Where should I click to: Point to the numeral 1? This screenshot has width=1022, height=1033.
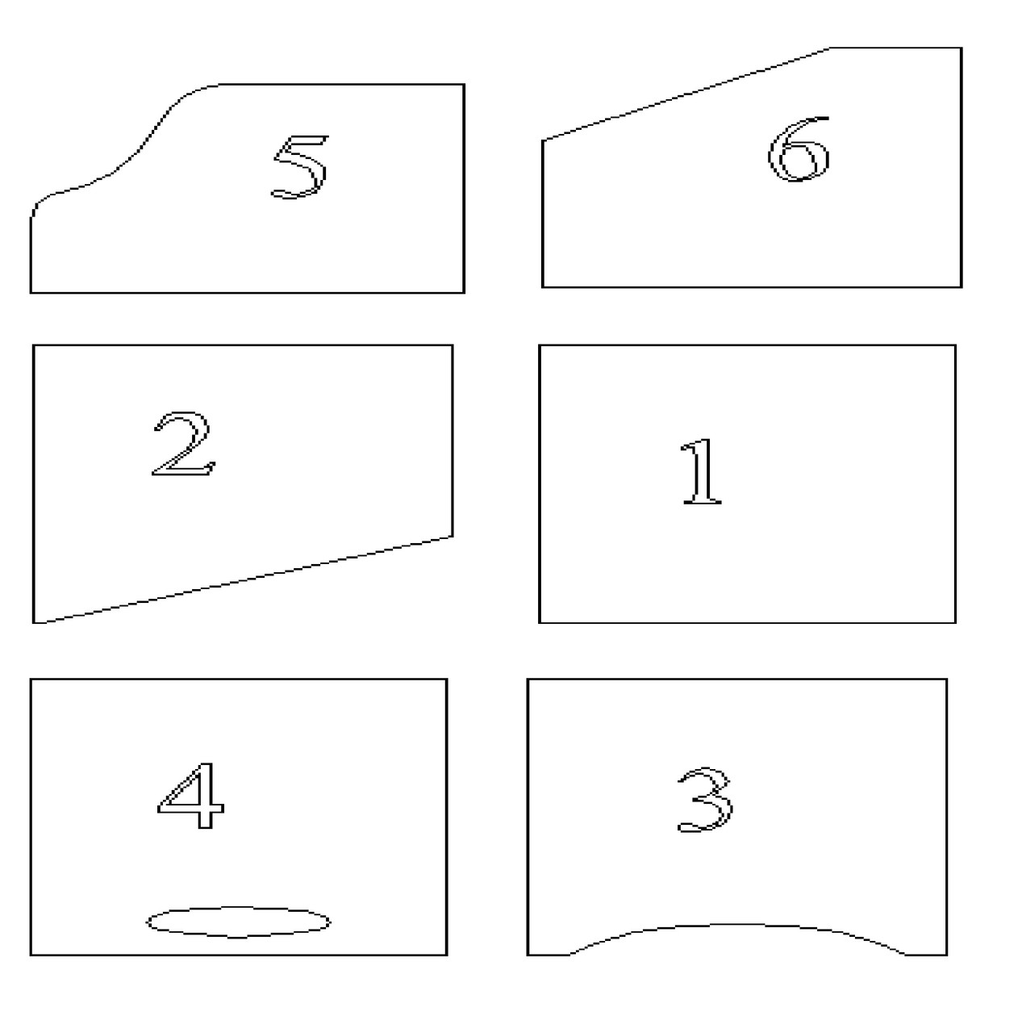700,472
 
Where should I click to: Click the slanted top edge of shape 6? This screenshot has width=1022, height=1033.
686,94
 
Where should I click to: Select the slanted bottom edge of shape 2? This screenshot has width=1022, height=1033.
244,579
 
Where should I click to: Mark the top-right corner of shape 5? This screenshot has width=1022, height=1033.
464,84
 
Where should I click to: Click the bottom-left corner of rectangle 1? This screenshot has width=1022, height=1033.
540,623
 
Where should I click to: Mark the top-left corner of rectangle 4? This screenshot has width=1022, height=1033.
31,680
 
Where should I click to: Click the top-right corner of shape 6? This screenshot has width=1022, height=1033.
962,48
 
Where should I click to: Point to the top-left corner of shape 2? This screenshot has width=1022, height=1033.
33,345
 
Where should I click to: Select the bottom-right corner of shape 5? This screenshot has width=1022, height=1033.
464,293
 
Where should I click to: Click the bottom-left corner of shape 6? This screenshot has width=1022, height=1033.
543,286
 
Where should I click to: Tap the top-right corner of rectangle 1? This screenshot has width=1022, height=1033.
956,345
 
